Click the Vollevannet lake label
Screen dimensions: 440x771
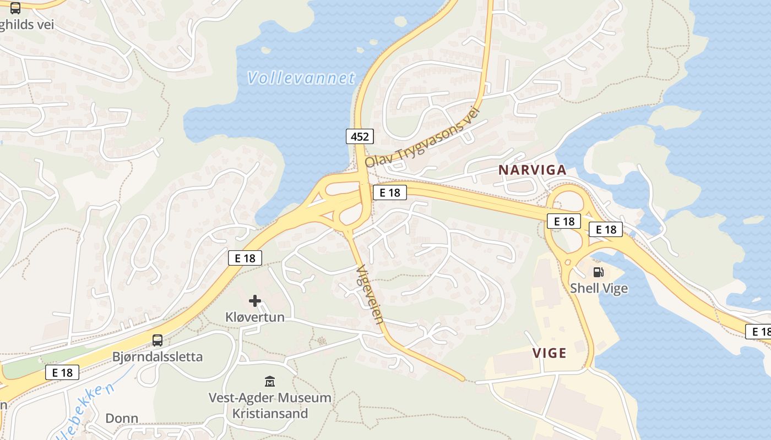301,78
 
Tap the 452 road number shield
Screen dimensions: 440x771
360,136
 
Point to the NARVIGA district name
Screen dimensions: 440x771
532,170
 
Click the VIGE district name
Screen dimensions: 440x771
549,353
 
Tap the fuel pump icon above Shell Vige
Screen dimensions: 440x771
599,272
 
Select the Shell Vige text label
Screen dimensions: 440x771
599,288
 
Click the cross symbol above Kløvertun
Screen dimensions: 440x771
255,301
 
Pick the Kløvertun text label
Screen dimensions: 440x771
255,317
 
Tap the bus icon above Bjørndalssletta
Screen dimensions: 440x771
158,340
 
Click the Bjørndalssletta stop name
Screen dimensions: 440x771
158,356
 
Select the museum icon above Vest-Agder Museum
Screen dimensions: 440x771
270,381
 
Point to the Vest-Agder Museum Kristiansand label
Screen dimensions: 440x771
270,405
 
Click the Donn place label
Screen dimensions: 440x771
122,418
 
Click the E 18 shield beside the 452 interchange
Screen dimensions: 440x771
389,193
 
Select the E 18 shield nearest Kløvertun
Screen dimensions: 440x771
245,258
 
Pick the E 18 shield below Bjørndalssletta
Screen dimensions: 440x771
62,372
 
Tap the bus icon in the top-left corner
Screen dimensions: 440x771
15,8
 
